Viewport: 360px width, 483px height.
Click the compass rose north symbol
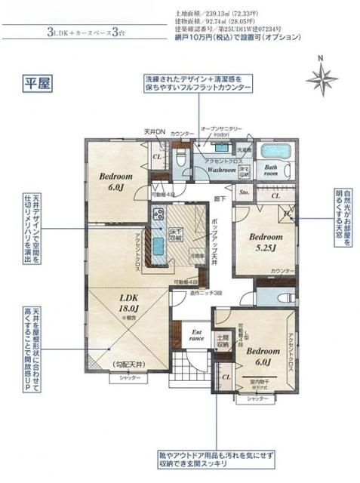[x=322, y=76]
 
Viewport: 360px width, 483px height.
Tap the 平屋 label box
[x=35, y=84]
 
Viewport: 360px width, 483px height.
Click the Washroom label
[x=222, y=170]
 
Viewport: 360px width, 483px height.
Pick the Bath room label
[x=272, y=170]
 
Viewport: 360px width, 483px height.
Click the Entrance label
[x=196, y=334]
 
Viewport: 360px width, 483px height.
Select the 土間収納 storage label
[x=223, y=342]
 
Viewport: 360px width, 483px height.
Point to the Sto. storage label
[x=244, y=193]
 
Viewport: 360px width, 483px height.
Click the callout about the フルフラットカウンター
[x=198, y=83]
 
